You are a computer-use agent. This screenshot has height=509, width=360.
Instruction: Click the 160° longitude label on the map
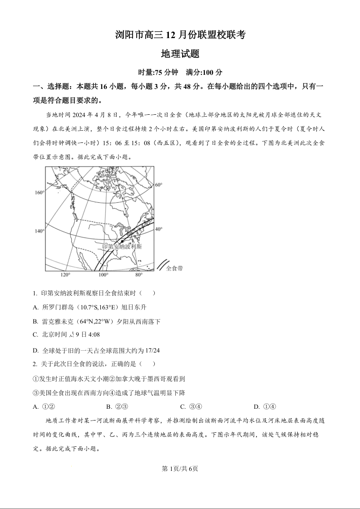[39, 193]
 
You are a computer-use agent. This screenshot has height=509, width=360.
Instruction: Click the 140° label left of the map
[39, 231]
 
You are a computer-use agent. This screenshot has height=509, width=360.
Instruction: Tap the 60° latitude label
[159, 185]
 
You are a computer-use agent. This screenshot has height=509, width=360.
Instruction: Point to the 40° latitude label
[159, 229]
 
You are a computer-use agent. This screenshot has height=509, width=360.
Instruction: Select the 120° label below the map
[65, 275]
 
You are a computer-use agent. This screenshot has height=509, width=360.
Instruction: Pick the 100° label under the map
[104, 275]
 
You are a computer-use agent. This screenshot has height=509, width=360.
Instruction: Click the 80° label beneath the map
[138, 275]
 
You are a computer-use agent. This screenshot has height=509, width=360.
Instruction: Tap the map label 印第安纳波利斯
[122, 246]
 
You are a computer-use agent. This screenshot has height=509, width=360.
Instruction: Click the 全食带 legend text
[174, 268]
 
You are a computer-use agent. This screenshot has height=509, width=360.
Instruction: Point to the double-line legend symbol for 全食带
[163, 264]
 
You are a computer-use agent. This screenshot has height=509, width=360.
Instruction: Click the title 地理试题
[180, 54]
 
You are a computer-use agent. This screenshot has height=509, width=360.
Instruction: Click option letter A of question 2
[35, 406]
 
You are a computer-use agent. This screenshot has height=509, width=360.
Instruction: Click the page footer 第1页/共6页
[180, 469]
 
